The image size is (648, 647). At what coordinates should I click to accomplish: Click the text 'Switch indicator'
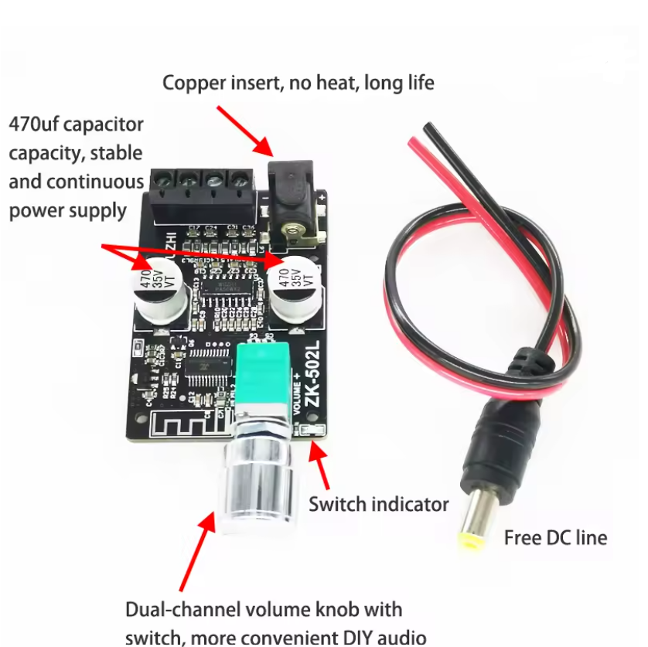[x=378, y=505]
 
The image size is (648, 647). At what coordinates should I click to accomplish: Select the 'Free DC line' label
[x=555, y=537]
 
